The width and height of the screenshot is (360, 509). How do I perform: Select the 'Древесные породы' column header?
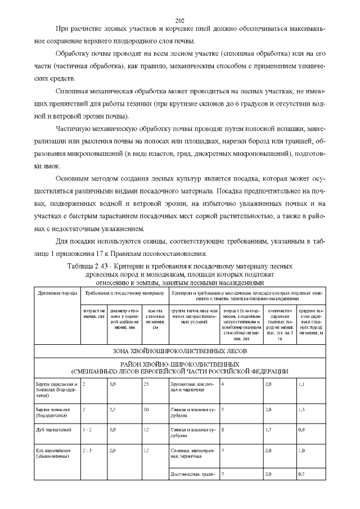point(57,294)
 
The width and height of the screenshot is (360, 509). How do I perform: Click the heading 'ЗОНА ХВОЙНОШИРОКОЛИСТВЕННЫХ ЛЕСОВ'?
point(180,351)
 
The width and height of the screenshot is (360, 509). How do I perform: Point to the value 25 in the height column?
point(146,384)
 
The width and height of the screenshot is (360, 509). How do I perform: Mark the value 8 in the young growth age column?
point(223,429)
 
